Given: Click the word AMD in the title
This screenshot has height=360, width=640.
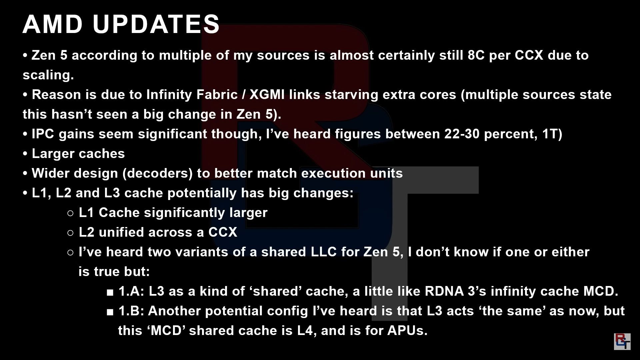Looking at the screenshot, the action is (x=53, y=24).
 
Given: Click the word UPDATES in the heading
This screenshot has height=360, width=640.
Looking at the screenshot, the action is (x=156, y=24).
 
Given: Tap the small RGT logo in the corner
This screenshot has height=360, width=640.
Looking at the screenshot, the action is (x=622, y=341).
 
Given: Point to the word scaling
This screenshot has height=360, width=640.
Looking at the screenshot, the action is (x=48, y=75).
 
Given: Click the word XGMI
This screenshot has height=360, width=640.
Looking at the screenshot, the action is (x=267, y=95).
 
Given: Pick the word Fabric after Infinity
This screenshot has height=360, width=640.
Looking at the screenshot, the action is (x=217, y=95).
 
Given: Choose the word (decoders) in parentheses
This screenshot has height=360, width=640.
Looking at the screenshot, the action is (x=157, y=174).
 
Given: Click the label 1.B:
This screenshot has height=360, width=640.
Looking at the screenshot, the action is (x=131, y=311).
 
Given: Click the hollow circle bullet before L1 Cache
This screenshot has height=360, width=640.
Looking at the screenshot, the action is (x=70, y=213).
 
